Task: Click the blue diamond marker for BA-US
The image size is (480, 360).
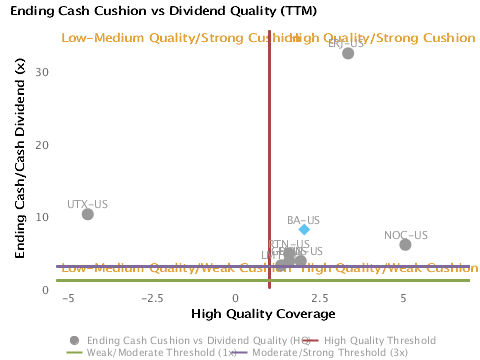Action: pyautogui.click(x=304, y=229)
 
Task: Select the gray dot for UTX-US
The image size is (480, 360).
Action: pyautogui.click(x=88, y=214)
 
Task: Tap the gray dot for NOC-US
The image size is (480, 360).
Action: pyautogui.click(x=405, y=245)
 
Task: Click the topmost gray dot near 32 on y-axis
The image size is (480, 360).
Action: pyautogui.click(x=348, y=53)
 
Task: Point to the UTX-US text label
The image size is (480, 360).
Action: pyautogui.click(x=87, y=204)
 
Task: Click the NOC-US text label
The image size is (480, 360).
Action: pyautogui.click(x=405, y=235)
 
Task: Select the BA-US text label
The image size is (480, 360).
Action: pyautogui.click(x=303, y=219)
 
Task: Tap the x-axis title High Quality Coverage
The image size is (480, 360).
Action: pyautogui.click(x=235, y=314)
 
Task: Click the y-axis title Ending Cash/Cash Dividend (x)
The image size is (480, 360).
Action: pyautogui.click(x=20, y=158)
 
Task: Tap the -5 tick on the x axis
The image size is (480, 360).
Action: pyautogui.click(x=68, y=297)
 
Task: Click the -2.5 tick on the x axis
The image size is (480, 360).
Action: pyautogui.click(x=151, y=297)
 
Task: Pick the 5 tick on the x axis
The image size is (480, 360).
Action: pyautogui.click(x=403, y=297)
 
